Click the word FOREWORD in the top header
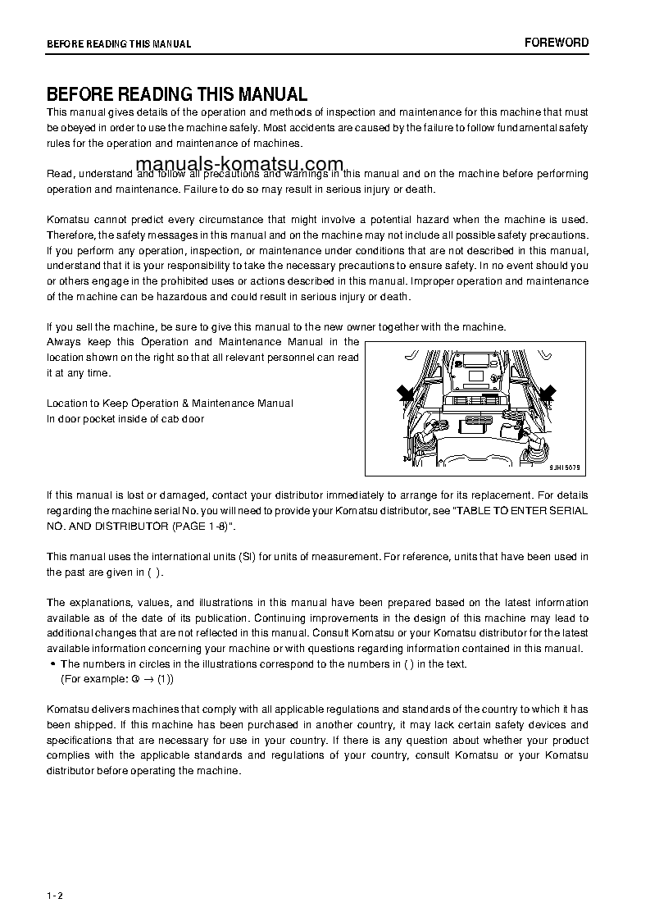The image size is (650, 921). click(x=557, y=43)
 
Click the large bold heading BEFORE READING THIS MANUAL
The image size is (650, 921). click(x=176, y=93)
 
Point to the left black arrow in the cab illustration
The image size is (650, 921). click(x=404, y=394)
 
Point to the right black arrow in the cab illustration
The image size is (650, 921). click(x=547, y=394)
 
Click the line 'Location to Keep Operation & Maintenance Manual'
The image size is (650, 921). click(x=170, y=404)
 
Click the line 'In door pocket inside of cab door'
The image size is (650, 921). click(x=125, y=418)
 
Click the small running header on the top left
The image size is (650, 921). click(x=119, y=44)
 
